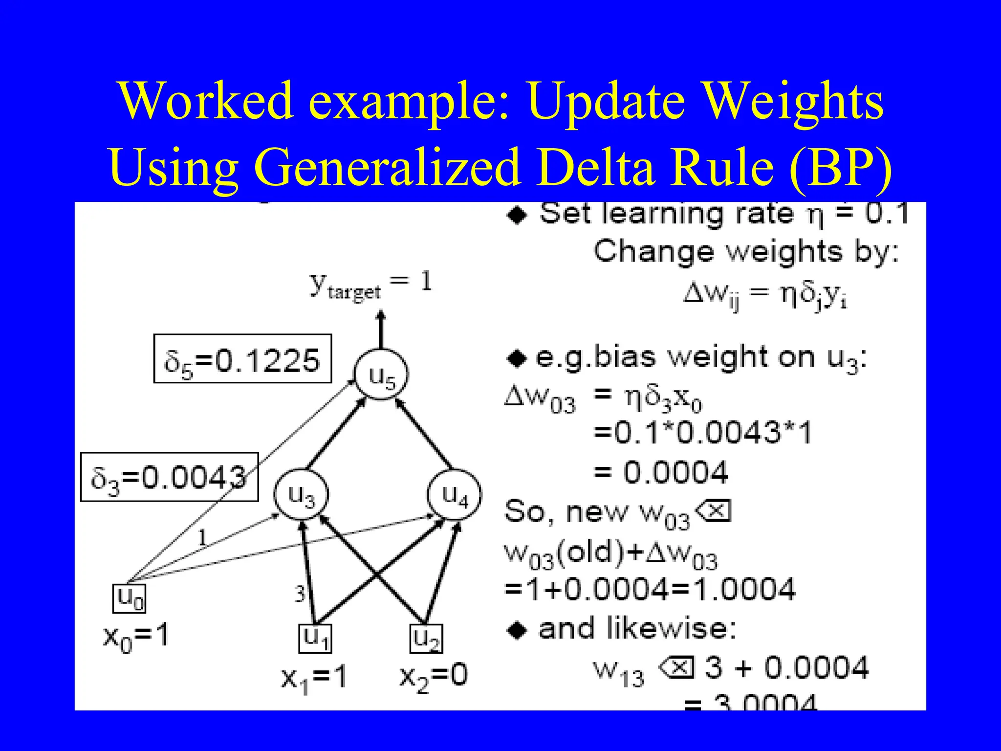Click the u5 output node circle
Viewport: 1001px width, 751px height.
381,375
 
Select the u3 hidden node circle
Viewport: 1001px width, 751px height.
301,494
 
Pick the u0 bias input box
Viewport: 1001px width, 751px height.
130,598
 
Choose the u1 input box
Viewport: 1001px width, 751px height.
315,638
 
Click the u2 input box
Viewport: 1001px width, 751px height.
426,638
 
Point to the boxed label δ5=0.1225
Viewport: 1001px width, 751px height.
243,359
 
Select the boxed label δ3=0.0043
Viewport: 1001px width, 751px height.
170,477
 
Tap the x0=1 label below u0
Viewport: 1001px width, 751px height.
136,637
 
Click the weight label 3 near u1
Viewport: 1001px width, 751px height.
300,594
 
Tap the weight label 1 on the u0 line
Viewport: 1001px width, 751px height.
202,538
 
